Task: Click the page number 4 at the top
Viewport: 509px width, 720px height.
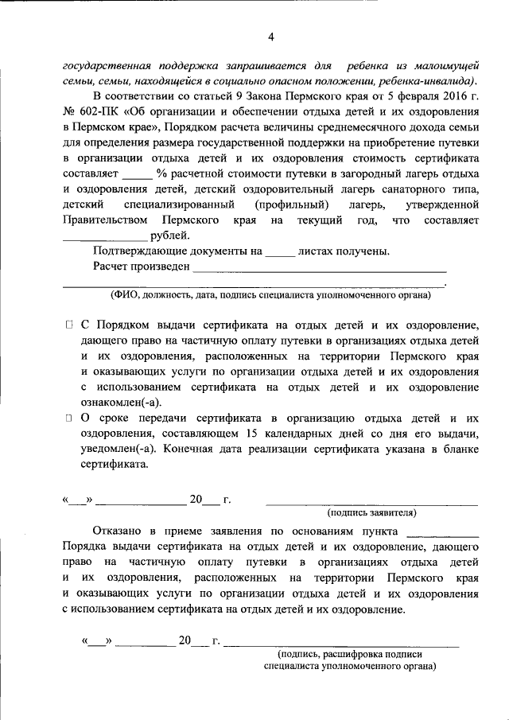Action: [270, 37]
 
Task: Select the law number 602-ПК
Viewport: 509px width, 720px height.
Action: [94, 112]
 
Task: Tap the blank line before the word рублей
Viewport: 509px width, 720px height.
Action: [105, 237]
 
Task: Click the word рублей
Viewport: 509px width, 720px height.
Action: [169, 235]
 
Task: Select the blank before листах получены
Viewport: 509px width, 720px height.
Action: [279, 254]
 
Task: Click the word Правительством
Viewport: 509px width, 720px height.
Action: [104, 219]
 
